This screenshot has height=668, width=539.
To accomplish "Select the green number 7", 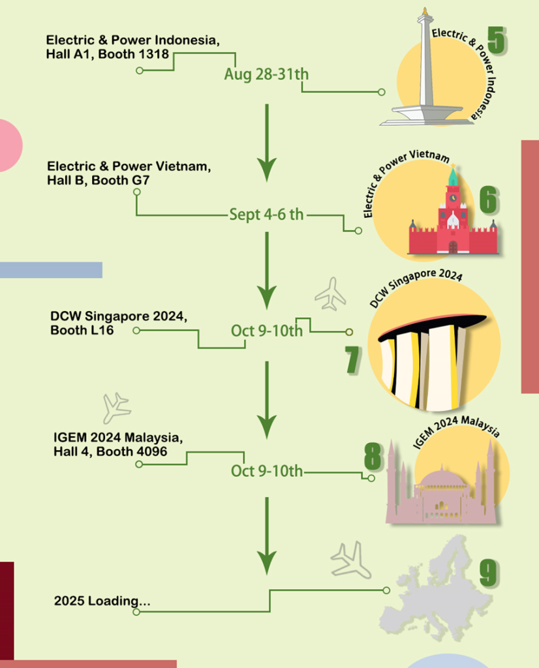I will (x=352, y=359).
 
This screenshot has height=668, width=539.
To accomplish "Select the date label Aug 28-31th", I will (x=266, y=74).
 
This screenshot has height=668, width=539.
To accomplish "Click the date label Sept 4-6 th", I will (x=266, y=214).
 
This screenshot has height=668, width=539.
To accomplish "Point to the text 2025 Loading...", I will (x=102, y=600).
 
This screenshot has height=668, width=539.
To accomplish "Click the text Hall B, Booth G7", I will (x=98, y=180).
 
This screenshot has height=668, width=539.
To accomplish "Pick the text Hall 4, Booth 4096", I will (x=110, y=451).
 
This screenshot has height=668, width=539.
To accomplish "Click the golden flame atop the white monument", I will (x=425, y=11).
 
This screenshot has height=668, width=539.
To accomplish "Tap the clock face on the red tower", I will (x=452, y=196).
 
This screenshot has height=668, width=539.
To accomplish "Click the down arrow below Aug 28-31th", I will (x=266, y=144).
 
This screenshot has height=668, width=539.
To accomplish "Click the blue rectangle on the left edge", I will (x=51, y=269).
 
